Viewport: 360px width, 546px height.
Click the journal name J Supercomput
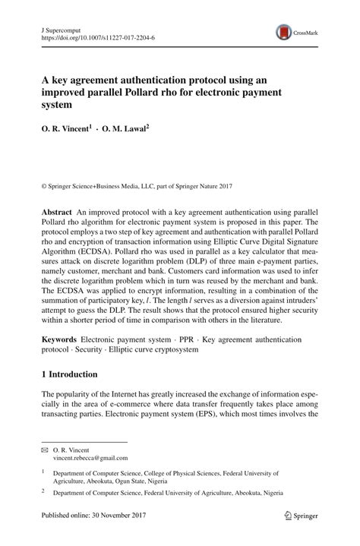pyautogui.click(x=61, y=26)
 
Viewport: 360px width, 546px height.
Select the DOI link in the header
pyautogui.click(x=97, y=36)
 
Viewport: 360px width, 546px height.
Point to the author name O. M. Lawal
pyautogui.click(x=125, y=130)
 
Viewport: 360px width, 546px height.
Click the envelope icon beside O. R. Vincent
pyautogui.click(x=44, y=450)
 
